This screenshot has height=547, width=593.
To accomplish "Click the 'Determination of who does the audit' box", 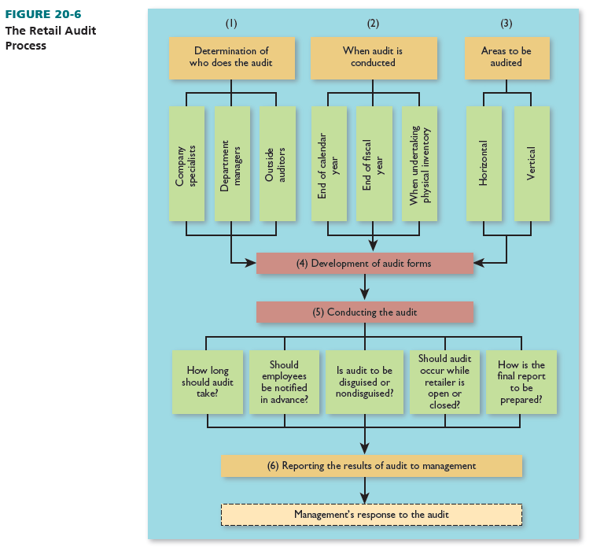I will pyautogui.click(x=231, y=57).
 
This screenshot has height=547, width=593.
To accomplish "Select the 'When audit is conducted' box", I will pyautogui.click(x=373, y=57).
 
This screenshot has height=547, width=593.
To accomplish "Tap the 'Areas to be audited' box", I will pyautogui.click(x=506, y=57).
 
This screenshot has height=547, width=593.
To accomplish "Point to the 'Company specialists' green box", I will pyautogui.click(x=186, y=164).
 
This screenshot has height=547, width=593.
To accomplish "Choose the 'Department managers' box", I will pyautogui.click(x=232, y=164).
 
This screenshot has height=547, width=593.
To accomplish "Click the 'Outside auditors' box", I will pyautogui.click(x=277, y=164).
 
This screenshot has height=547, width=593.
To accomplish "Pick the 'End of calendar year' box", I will pyautogui.click(x=328, y=164).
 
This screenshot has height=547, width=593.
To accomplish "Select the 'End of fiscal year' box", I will pyautogui.click(x=374, y=164).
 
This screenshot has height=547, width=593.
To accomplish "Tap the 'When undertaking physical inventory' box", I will pyautogui.click(x=418, y=164).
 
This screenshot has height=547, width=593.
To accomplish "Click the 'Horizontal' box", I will pyautogui.click(x=484, y=164).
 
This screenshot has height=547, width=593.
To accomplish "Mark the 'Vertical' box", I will pyautogui.click(x=532, y=164).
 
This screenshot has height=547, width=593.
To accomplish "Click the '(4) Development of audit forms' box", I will pyautogui.click(x=364, y=263).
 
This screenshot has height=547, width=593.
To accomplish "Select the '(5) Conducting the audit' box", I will pyautogui.click(x=364, y=312).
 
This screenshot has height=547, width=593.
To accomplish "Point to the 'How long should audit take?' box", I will pyautogui.click(x=208, y=382).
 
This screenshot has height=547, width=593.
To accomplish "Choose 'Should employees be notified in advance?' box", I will pyautogui.click(x=284, y=382).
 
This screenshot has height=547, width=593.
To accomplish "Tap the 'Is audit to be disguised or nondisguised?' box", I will pyautogui.click(x=364, y=382).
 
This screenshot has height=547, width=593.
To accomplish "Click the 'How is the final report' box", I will pyautogui.click(x=521, y=382).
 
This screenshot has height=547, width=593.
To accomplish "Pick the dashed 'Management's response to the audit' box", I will pyautogui.click(x=371, y=515).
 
